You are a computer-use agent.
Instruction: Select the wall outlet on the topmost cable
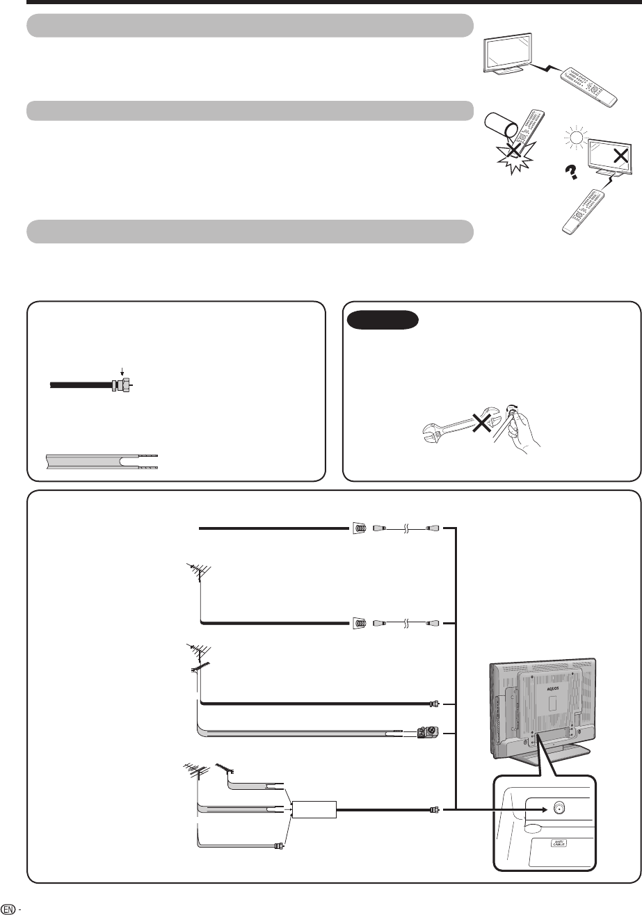(x=357, y=528)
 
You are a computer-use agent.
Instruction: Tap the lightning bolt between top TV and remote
(x=545, y=69)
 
